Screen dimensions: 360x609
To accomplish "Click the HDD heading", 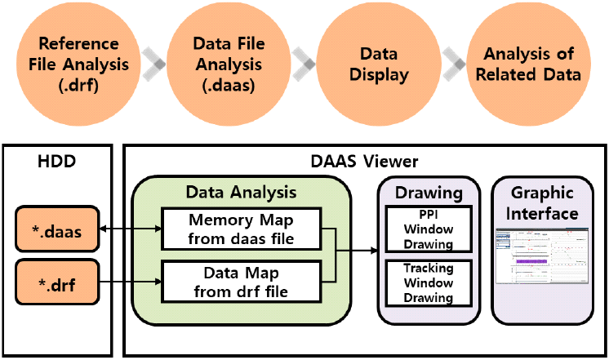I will [x=56, y=162].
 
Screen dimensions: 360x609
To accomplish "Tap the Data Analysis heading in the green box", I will [x=241, y=193].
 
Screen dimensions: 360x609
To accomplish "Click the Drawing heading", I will [x=429, y=193].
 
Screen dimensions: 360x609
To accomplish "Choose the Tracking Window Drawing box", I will [x=429, y=282].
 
